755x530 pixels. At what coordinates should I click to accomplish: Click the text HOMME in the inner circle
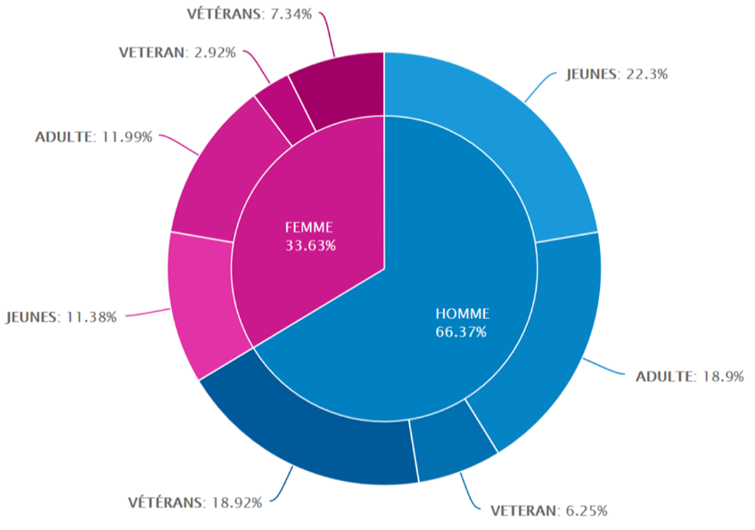pyautogui.click(x=461, y=313)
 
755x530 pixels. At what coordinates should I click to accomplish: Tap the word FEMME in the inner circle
pyautogui.click(x=309, y=227)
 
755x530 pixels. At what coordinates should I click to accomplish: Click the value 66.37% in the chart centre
pyautogui.click(x=461, y=332)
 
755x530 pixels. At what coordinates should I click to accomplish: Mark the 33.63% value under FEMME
pyautogui.click(x=310, y=246)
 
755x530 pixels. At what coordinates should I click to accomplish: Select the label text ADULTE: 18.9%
pyautogui.click(x=689, y=376)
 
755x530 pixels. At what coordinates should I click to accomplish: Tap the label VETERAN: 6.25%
pyautogui.click(x=549, y=510)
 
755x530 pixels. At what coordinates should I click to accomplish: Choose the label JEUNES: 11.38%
pyautogui.click(x=61, y=317)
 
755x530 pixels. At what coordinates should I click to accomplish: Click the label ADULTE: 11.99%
pyautogui.click(x=93, y=137)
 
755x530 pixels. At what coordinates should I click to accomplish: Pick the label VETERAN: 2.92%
pyautogui.click(x=176, y=52)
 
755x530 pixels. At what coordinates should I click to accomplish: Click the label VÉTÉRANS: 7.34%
pyautogui.click(x=250, y=13)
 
